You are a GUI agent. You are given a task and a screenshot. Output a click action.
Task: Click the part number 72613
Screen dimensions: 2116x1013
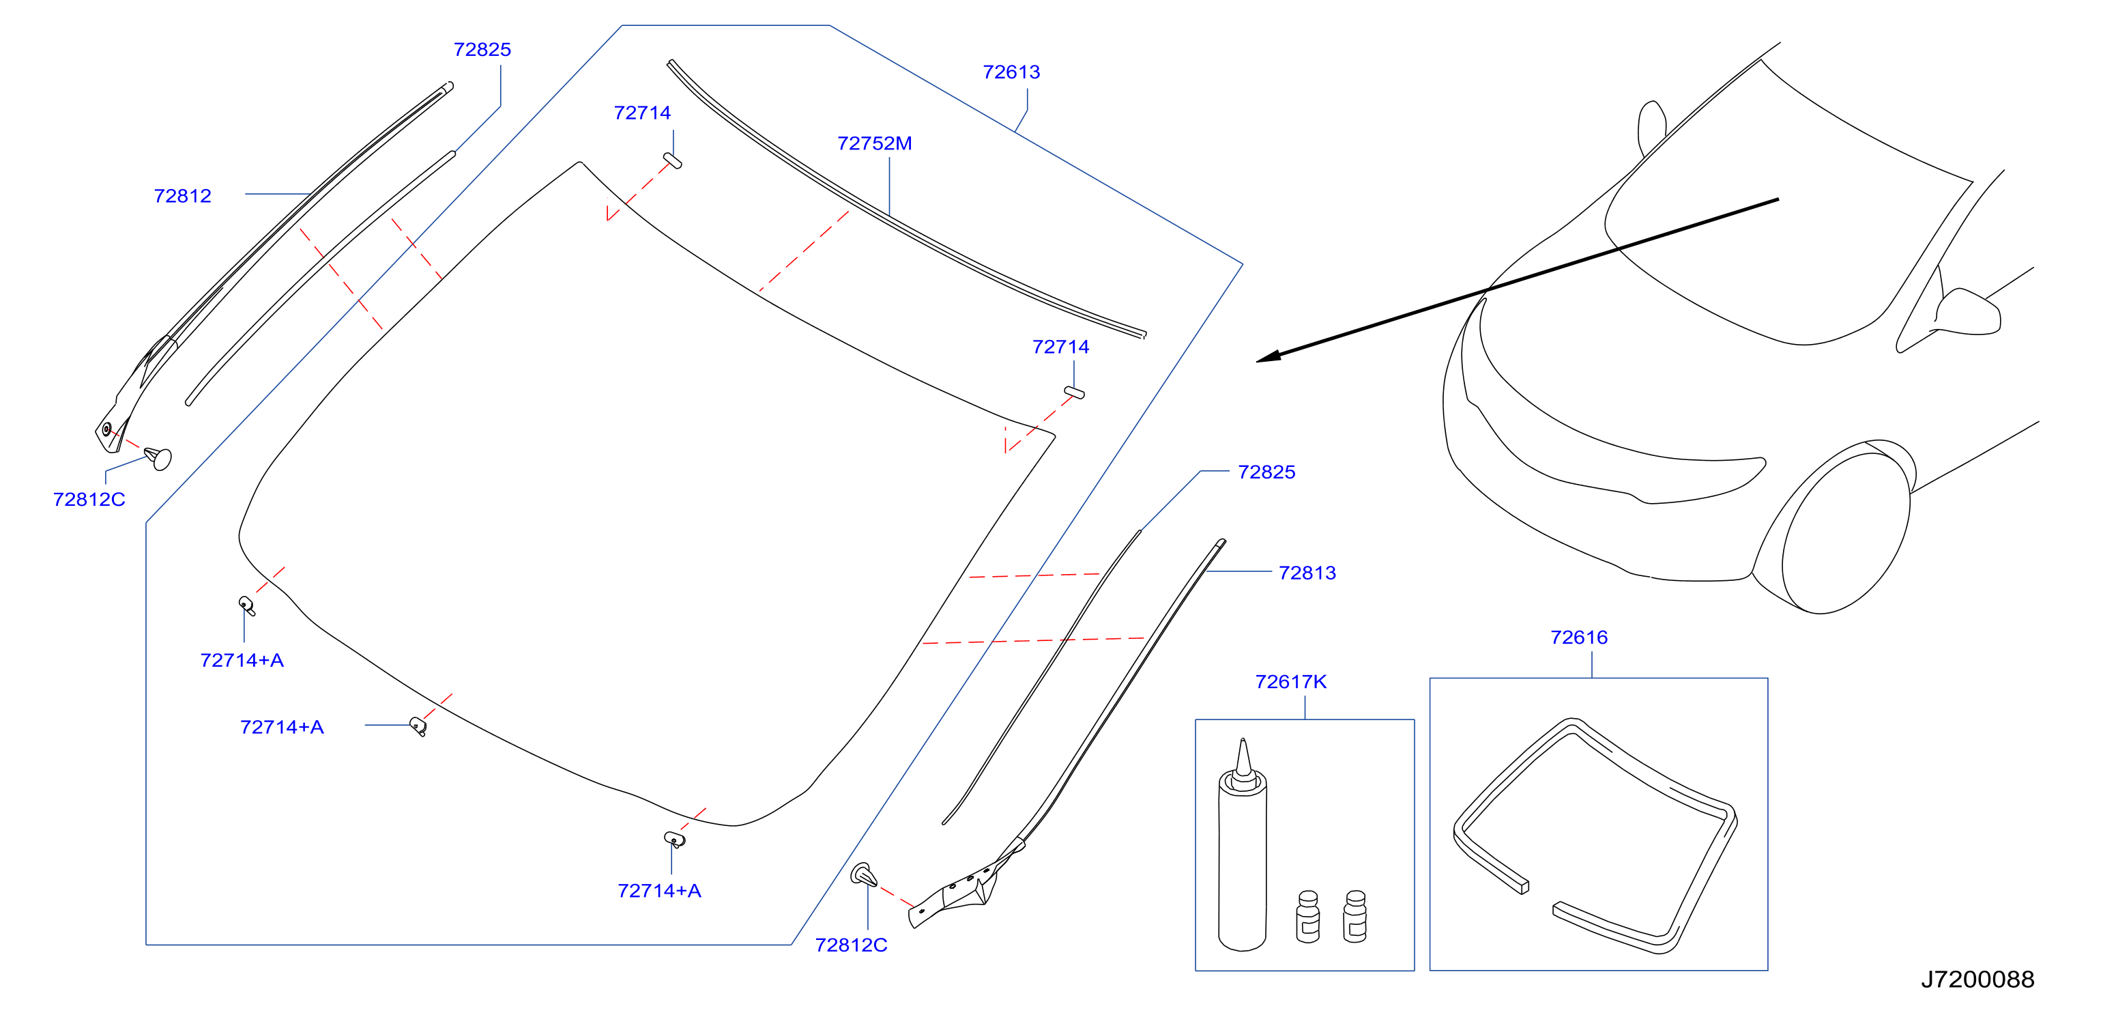click(1011, 72)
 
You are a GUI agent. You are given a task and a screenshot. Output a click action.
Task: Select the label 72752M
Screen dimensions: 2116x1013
click(874, 144)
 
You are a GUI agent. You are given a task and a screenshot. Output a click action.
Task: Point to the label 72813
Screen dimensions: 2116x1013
click(1307, 573)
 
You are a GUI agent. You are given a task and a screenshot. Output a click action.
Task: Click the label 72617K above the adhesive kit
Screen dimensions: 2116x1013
click(1290, 682)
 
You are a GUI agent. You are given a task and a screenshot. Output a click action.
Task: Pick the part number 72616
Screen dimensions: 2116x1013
click(1579, 638)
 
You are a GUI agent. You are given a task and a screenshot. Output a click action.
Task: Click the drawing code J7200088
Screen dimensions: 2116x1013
click(1977, 980)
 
